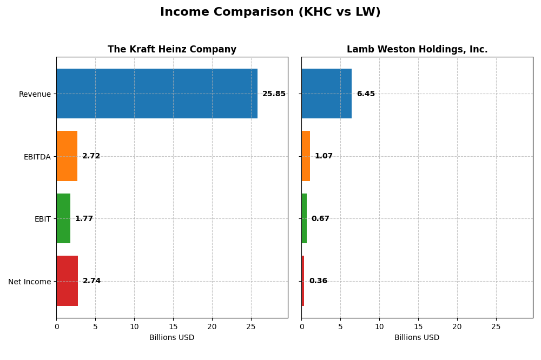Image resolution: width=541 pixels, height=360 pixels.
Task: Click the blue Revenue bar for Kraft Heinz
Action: [x=157, y=94]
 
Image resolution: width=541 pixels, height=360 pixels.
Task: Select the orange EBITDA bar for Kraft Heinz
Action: [x=67, y=156]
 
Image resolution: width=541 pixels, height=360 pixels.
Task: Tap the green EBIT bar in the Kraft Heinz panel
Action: [x=63, y=218]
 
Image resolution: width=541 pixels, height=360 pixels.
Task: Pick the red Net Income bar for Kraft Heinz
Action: [x=67, y=281]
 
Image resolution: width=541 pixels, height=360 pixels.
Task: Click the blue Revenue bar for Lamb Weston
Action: [x=326, y=94]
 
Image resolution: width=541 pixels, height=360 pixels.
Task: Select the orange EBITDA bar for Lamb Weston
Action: [x=306, y=156]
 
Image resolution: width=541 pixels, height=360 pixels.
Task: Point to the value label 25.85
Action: [x=274, y=94]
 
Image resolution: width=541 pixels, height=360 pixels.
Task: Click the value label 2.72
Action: [x=91, y=156]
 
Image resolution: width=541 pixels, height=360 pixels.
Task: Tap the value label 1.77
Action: [x=84, y=219]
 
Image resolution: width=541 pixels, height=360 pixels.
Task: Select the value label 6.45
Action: [x=366, y=94]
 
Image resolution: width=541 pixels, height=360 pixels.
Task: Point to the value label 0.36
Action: [x=318, y=281]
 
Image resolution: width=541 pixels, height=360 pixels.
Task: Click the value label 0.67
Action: [x=320, y=219]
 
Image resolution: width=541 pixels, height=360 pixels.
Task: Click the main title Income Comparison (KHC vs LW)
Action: [x=270, y=12]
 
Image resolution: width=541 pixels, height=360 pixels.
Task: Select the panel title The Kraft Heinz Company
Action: [x=172, y=50]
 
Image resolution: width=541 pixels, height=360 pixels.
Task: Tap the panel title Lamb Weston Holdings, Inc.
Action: [x=417, y=50]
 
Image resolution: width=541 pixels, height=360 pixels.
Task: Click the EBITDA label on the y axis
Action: [x=37, y=157]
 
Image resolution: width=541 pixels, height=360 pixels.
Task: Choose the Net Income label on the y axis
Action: [x=29, y=282]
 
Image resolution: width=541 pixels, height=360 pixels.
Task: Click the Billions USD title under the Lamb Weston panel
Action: [x=417, y=338]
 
